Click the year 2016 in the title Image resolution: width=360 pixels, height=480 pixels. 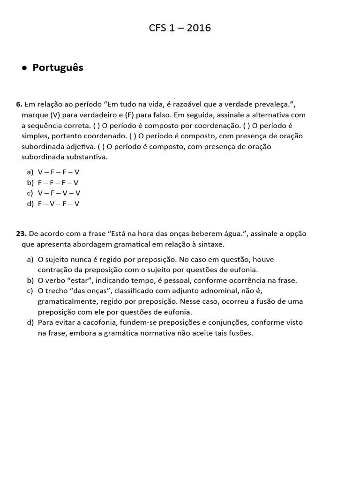coord(199,28)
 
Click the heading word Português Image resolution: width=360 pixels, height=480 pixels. coord(58,67)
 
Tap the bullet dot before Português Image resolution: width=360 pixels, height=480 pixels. coord(24,68)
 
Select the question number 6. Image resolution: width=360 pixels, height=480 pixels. coord(19,104)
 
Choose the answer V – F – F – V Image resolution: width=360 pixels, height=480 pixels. coord(59,172)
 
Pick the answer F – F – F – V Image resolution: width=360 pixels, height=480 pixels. coord(59,183)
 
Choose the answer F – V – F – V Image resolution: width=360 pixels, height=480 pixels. coord(59,203)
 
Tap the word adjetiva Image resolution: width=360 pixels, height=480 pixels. coord(80,147)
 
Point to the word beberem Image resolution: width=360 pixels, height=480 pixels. coord(212,233)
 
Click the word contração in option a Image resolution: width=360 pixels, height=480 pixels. coord(54,270)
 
